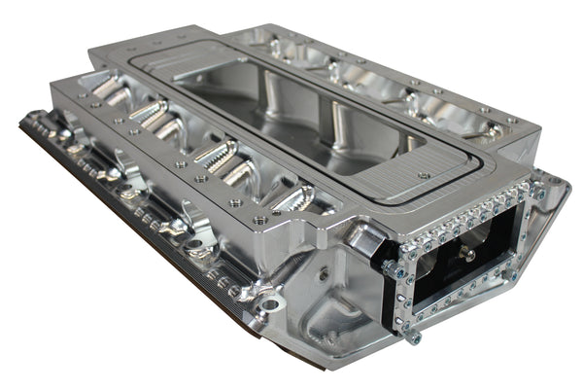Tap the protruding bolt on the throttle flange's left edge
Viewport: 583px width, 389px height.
(387, 265)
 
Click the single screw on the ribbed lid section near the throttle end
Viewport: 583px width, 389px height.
(424, 175)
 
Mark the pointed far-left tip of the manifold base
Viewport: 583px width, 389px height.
(21, 121)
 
